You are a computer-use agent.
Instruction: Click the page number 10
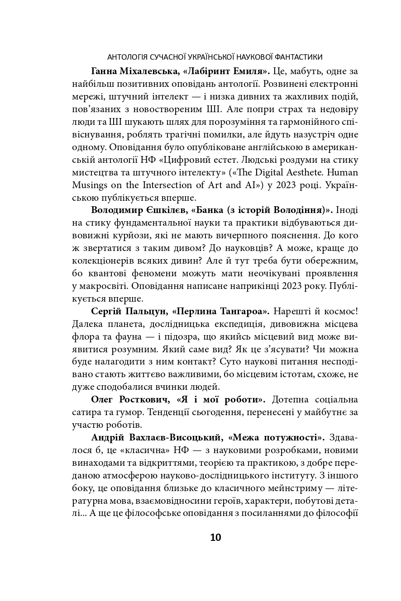point(215,538)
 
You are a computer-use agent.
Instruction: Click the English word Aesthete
point(299,173)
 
